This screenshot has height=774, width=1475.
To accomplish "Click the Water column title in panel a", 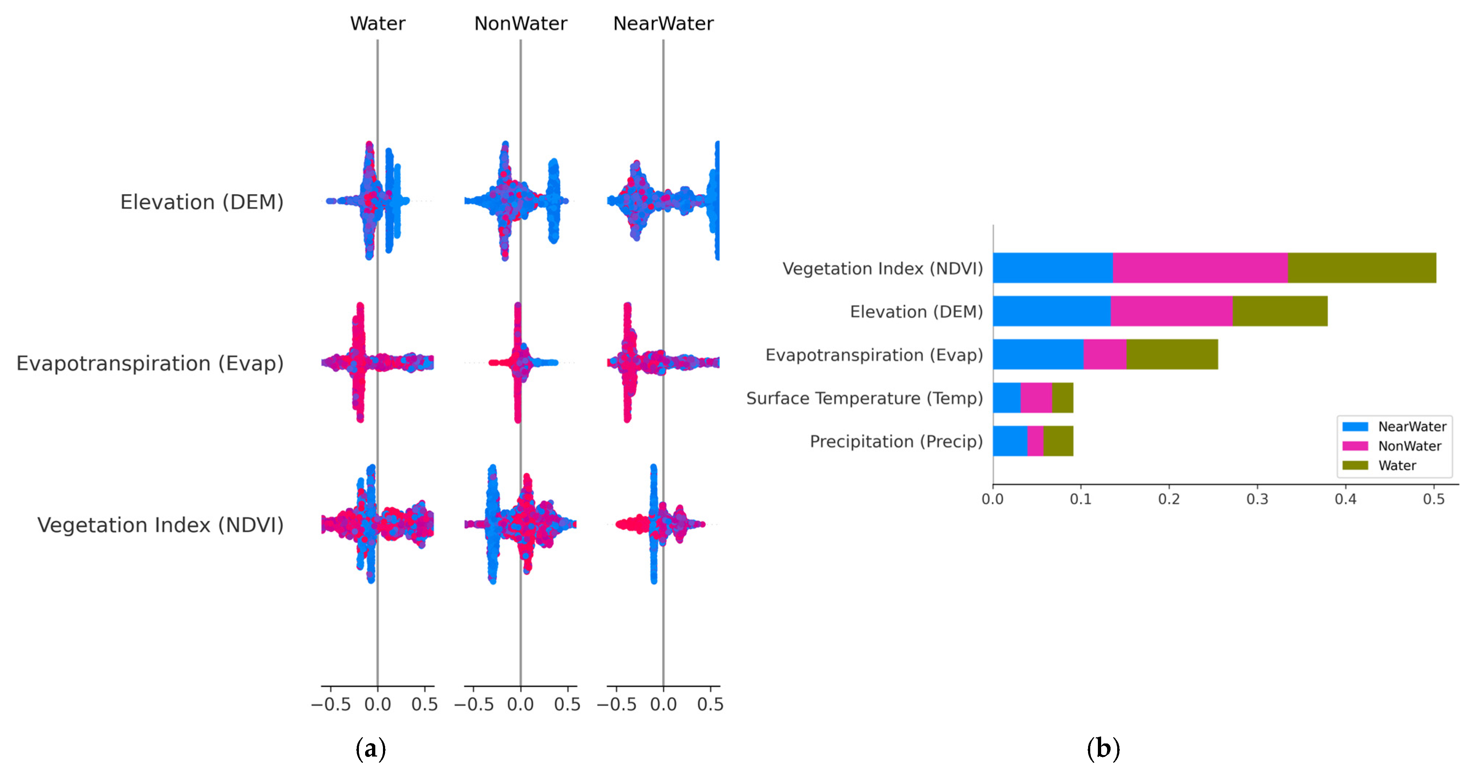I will [377, 24].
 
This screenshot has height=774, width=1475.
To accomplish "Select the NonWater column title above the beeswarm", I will [521, 24].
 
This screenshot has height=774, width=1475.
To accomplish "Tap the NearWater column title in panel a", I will [663, 24].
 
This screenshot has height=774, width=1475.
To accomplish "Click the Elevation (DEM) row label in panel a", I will [202, 202].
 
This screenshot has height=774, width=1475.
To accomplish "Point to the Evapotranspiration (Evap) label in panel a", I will [150, 363].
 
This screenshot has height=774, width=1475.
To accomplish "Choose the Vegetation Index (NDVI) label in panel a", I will [160, 525].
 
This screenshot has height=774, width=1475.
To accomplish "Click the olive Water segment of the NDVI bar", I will [1362, 268].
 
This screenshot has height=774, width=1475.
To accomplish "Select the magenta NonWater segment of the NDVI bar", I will [1200, 268].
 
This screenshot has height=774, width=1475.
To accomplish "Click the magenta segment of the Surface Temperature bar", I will [1036, 398].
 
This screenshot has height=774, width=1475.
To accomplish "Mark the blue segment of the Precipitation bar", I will [1010, 441].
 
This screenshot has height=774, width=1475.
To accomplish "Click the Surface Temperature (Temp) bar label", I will [864, 398].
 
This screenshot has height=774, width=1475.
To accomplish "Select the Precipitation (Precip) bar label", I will [896, 442].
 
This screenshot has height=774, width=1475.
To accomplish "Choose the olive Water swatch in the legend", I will [1355, 465].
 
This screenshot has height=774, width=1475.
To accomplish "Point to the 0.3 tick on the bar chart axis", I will [1257, 499].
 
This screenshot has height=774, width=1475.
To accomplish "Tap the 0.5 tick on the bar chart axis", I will [1434, 499].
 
